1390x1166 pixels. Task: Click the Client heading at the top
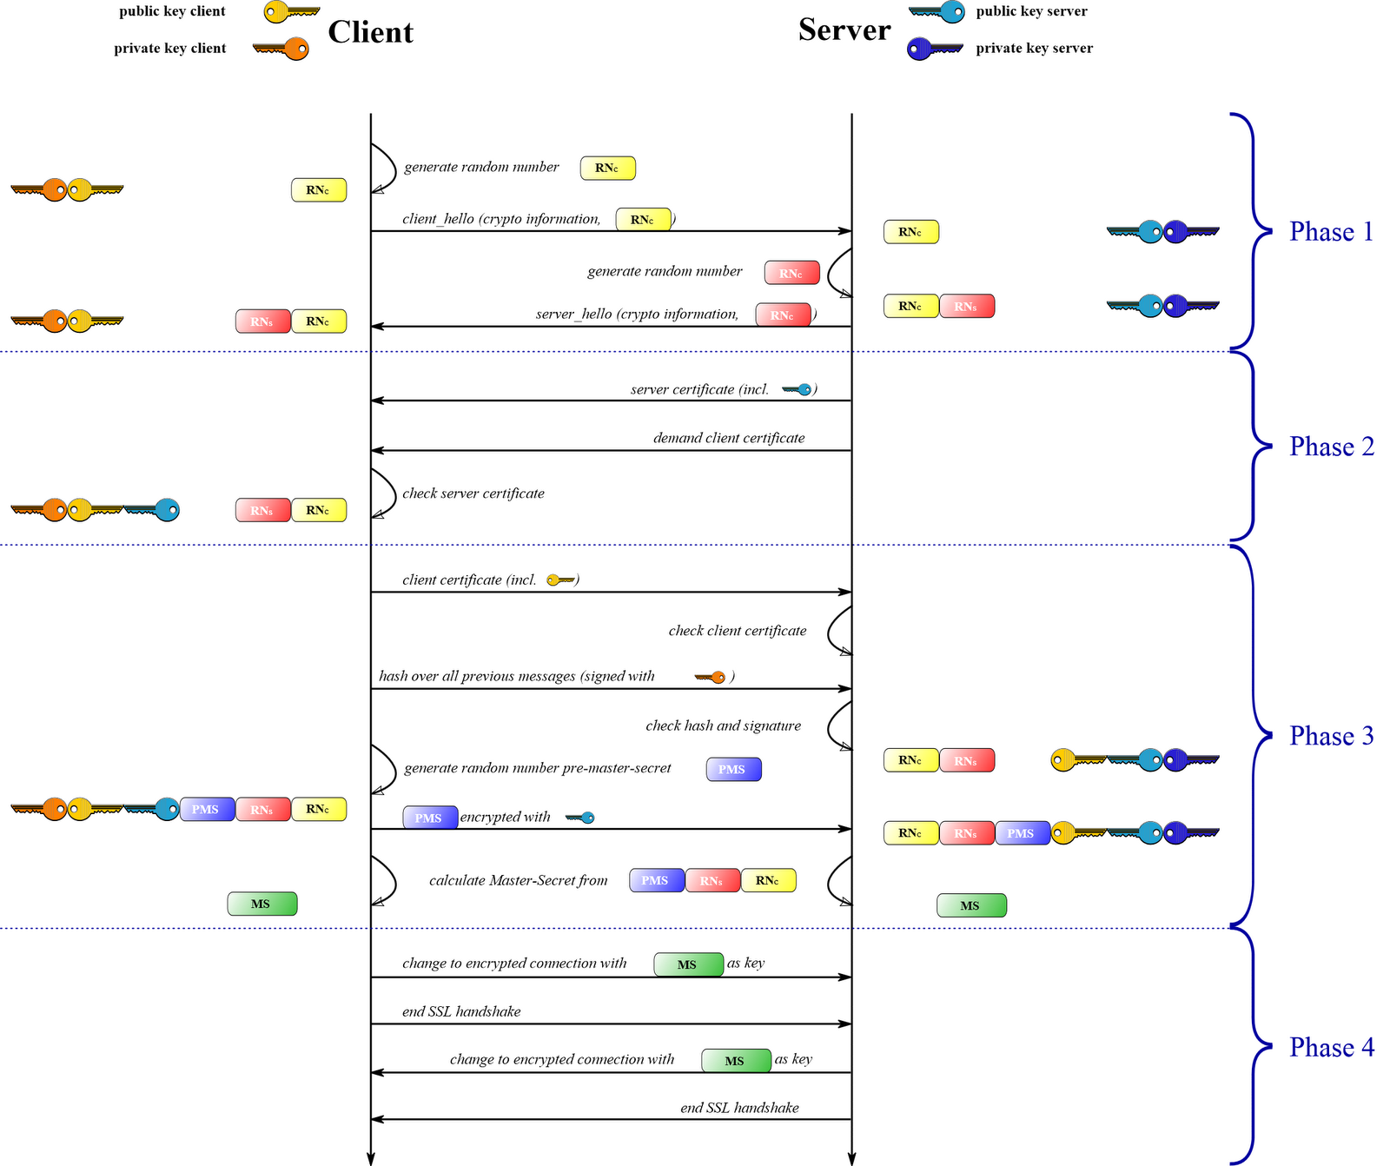[370, 32]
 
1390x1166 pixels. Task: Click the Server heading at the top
[844, 30]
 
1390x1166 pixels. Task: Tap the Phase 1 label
[1331, 232]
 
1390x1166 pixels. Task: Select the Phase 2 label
[1331, 447]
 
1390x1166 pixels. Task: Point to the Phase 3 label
[1331, 736]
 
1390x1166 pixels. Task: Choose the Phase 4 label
[1331, 1048]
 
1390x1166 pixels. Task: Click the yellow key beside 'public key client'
[291, 12]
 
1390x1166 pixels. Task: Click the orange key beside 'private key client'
[281, 49]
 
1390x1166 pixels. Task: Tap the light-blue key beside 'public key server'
[937, 12]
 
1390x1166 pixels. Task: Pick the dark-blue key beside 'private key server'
[934, 49]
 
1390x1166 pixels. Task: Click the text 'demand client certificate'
[729, 438]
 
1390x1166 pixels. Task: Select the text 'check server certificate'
[473, 494]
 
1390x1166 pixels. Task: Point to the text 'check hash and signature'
[723, 725]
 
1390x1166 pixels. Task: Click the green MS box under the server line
[971, 905]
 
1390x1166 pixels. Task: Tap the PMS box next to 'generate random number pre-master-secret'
[733, 769]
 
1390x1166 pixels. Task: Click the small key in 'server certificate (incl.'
[798, 389]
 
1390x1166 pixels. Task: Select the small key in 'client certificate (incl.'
[561, 580]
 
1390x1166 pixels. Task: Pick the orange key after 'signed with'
[710, 677]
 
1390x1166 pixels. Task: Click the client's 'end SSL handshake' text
[461, 1011]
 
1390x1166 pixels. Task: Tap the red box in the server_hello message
[783, 315]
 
